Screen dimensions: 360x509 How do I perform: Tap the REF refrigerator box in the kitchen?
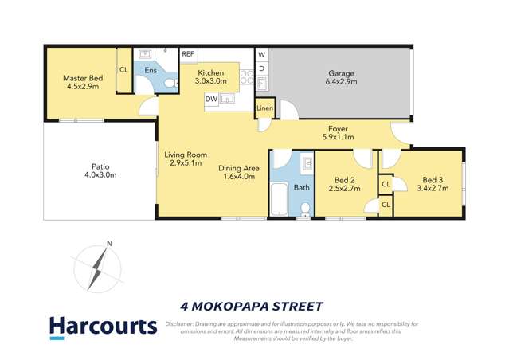click(x=188, y=54)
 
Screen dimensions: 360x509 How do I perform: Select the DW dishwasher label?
click(x=211, y=99)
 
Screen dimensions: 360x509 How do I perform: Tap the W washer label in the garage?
click(x=261, y=54)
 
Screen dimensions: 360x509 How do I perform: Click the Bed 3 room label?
click(x=433, y=179)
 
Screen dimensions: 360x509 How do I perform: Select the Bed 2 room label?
click(x=344, y=179)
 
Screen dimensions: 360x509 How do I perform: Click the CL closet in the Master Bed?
click(x=123, y=70)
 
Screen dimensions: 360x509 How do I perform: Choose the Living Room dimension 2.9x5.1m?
click(x=186, y=164)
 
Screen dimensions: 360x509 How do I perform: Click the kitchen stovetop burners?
click(x=247, y=78)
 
